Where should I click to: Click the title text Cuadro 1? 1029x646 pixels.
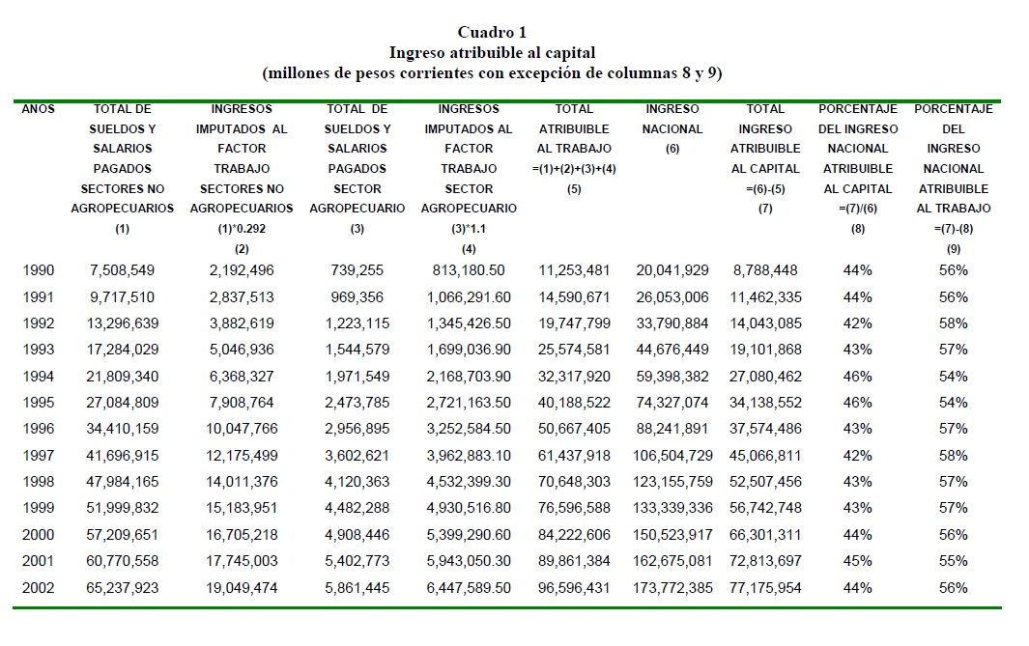(x=493, y=33)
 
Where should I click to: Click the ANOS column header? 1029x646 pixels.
(x=39, y=109)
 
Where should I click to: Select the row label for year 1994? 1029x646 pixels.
(x=39, y=376)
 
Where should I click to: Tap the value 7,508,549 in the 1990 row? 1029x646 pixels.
(x=122, y=270)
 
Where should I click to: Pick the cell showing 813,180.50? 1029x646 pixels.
(x=469, y=270)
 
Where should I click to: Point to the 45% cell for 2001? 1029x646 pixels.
(x=857, y=561)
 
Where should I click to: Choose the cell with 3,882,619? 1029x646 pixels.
(x=241, y=323)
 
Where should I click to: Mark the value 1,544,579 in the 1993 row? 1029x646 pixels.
(x=357, y=350)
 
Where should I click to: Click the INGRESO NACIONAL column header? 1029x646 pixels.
(x=672, y=119)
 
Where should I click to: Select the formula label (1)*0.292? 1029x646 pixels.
(x=241, y=229)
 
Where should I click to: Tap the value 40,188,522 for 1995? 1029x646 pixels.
(x=574, y=403)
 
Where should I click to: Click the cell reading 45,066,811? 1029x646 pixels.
(x=765, y=455)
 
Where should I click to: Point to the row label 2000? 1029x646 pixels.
(x=39, y=534)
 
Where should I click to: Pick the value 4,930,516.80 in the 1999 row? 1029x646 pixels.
(x=469, y=508)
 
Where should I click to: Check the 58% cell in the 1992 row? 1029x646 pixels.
(x=953, y=323)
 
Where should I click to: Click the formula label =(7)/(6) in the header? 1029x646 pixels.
(x=857, y=209)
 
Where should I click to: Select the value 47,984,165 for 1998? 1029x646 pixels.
(x=122, y=482)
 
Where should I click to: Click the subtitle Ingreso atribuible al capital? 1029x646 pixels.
(x=492, y=53)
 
